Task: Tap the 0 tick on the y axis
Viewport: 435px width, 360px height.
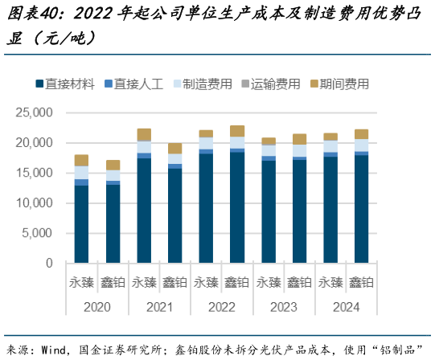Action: (49, 264)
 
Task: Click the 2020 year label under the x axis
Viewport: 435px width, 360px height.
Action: (96, 306)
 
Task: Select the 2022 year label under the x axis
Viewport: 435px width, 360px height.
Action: (221, 306)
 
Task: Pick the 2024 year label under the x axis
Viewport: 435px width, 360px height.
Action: (346, 306)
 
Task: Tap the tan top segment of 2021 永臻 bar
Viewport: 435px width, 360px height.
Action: (144, 134)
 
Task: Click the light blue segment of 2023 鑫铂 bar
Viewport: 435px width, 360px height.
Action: (299, 150)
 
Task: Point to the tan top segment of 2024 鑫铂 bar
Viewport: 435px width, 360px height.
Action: (361, 134)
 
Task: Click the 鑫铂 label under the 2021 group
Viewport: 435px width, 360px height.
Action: (174, 282)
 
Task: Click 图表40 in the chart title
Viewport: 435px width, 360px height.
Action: (31, 14)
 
